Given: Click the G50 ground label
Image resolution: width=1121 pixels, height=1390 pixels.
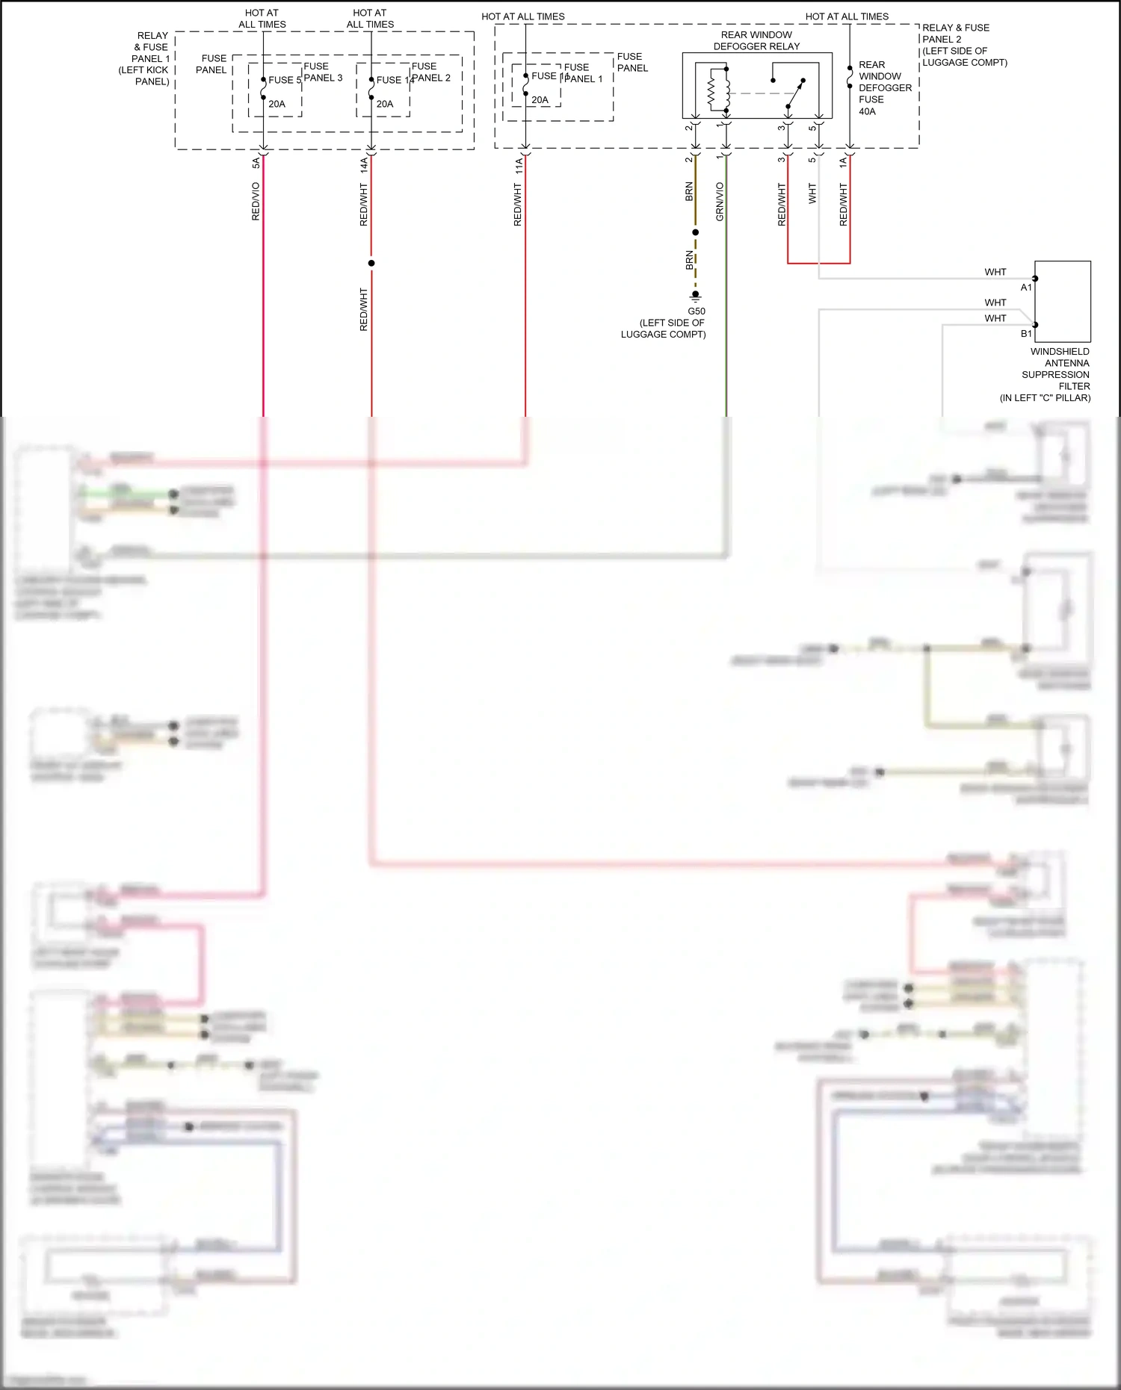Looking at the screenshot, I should tap(696, 311).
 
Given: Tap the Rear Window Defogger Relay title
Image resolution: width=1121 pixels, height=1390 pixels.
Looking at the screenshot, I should tap(756, 40).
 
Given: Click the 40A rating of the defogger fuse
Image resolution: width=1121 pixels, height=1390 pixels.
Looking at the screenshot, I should tap(867, 111).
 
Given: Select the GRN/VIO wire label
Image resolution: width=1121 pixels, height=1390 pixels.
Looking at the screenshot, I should tap(720, 202).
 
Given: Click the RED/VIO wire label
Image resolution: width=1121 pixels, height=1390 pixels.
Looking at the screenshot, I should tap(256, 202).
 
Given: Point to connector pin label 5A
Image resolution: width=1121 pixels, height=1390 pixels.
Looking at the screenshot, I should tap(256, 162).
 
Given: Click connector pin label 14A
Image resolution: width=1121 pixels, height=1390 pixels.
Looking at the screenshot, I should tap(364, 165).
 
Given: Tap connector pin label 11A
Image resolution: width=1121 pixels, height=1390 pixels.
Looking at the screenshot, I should tap(519, 166).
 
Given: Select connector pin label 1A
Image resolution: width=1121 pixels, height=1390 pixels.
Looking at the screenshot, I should tap(843, 161).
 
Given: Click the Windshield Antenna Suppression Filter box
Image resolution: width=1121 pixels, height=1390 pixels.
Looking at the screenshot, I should tap(1062, 301).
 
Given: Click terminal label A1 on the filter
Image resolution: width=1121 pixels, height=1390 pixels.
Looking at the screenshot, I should tap(1026, 288).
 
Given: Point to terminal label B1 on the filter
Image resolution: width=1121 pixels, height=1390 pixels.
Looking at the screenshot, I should tap(1026, 334).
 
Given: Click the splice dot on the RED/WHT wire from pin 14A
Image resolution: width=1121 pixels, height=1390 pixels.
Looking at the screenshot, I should tap(371, 263).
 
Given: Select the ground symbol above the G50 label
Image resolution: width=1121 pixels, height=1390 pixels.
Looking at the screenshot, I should tap(695, 297).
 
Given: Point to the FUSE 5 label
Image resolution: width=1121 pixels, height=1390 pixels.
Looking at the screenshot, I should tap(284, 80).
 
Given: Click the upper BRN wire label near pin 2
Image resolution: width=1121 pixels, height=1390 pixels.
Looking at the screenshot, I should tap(689, 191).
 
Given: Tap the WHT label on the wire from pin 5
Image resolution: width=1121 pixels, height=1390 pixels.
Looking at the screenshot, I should tap(812, 193).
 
